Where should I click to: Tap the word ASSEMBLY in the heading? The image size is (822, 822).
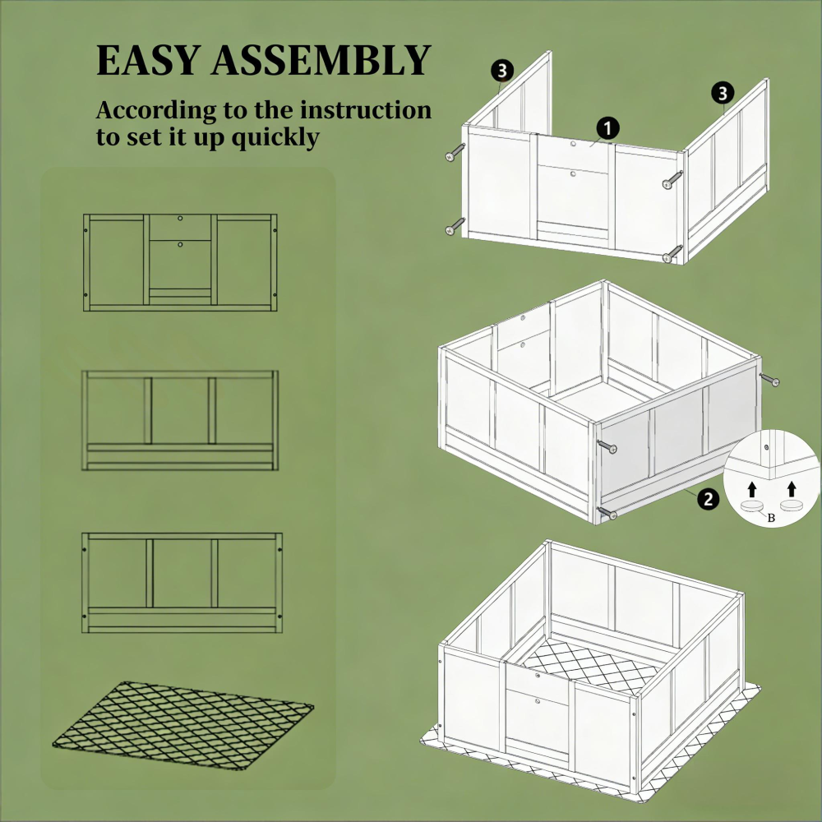(323, 62)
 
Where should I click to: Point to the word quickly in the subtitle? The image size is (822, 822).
(275, 137)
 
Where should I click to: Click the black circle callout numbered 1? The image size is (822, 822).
(607, 128)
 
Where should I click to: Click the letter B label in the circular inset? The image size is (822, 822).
(771, 518)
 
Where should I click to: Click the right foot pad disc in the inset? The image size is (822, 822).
(792, 507)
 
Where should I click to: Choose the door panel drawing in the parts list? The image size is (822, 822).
(180, 261)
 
